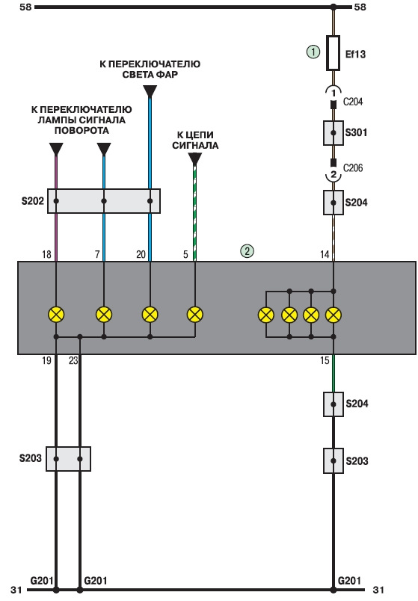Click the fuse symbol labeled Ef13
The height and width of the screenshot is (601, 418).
[333, 53]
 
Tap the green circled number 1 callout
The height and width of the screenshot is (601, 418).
[313, 52]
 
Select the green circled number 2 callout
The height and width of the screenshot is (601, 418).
[247, 251]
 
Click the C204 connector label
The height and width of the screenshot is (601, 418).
[353, 102]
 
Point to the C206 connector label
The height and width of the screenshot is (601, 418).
[353, 168]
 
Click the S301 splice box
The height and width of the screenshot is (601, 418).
[334, 133]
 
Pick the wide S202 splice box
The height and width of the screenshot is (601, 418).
[104, 201]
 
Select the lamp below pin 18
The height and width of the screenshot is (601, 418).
[56, 315]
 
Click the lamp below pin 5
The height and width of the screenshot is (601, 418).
[195, 315]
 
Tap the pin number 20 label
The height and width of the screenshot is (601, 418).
[141, 254]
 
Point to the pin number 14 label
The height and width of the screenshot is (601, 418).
[325, 254]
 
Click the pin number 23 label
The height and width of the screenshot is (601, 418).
[73, 361]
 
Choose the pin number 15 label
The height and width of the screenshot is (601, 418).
[325, 361]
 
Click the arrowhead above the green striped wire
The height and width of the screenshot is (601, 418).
[195, 158]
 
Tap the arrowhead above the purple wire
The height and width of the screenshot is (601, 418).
[56, 149]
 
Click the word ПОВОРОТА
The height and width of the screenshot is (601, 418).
[82, 130]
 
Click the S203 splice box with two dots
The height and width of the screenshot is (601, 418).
[68, 459]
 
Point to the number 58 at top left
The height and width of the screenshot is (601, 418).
[25, 7]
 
